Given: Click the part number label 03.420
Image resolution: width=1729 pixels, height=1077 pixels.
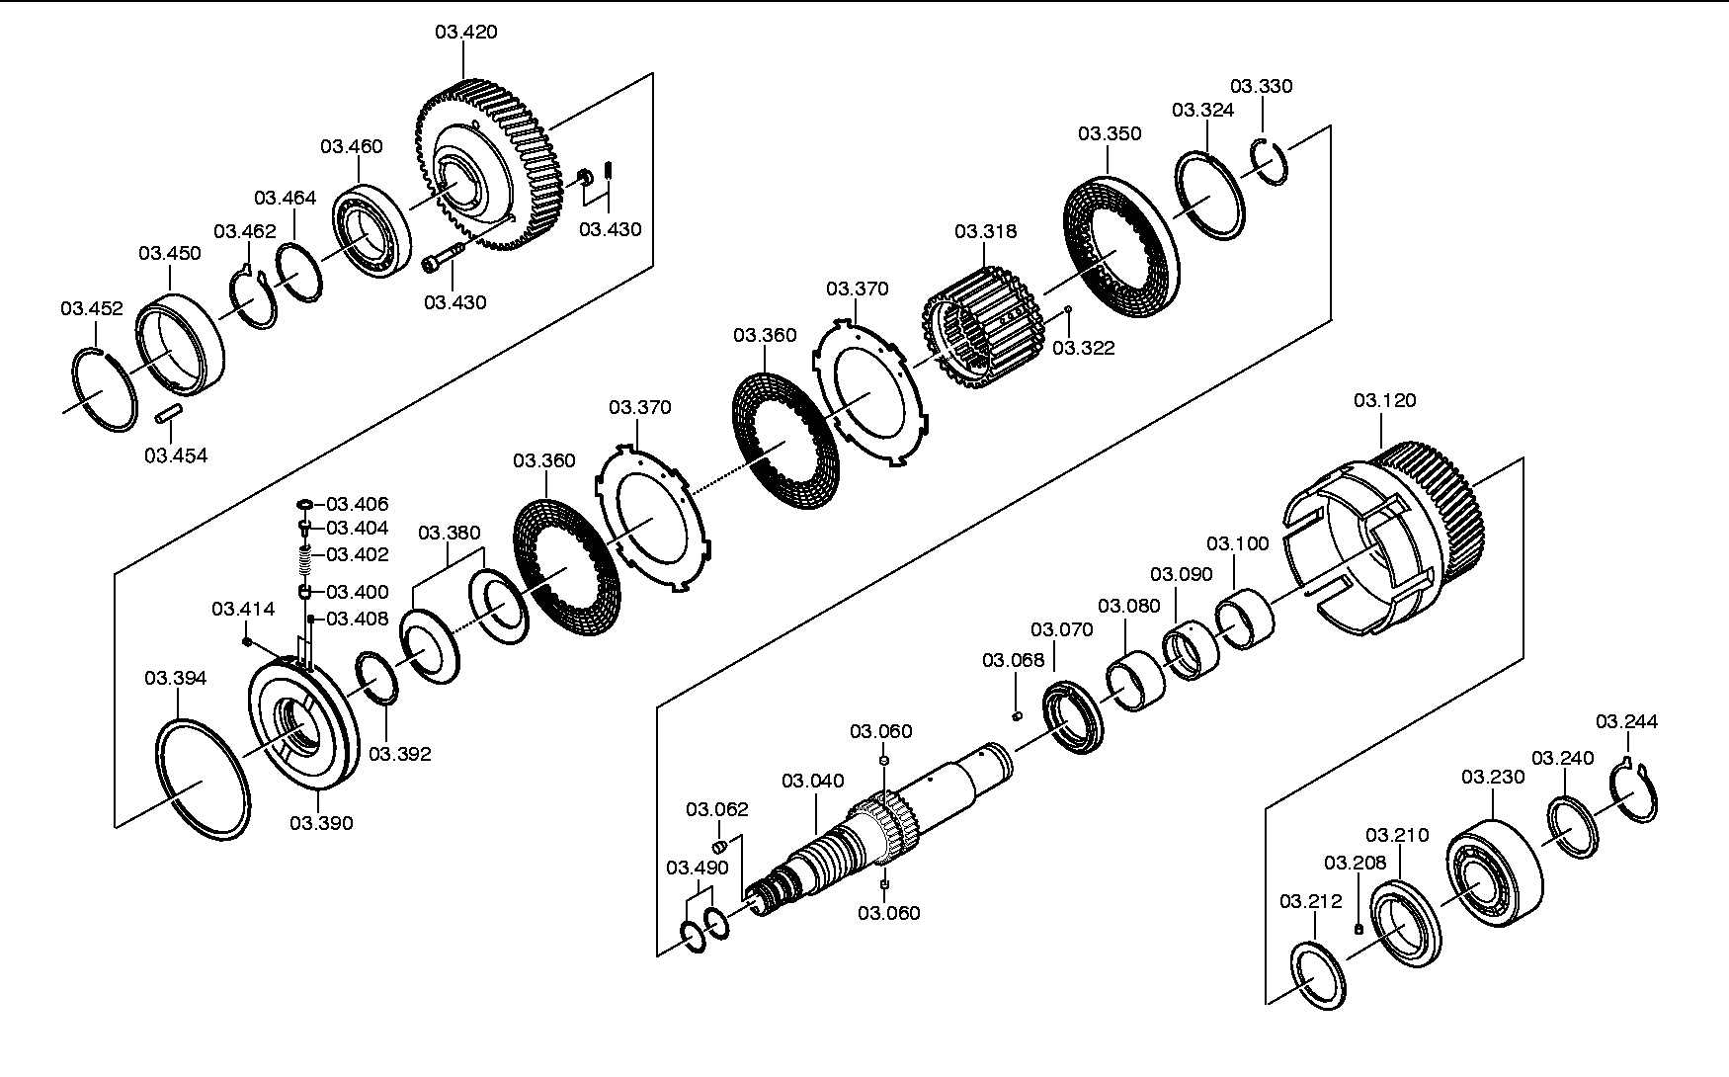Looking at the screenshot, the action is pyautogui.click(x=466, y=32).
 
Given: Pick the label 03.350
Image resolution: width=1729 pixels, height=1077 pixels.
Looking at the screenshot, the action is pyautogui.click(x=1110, y=133).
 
